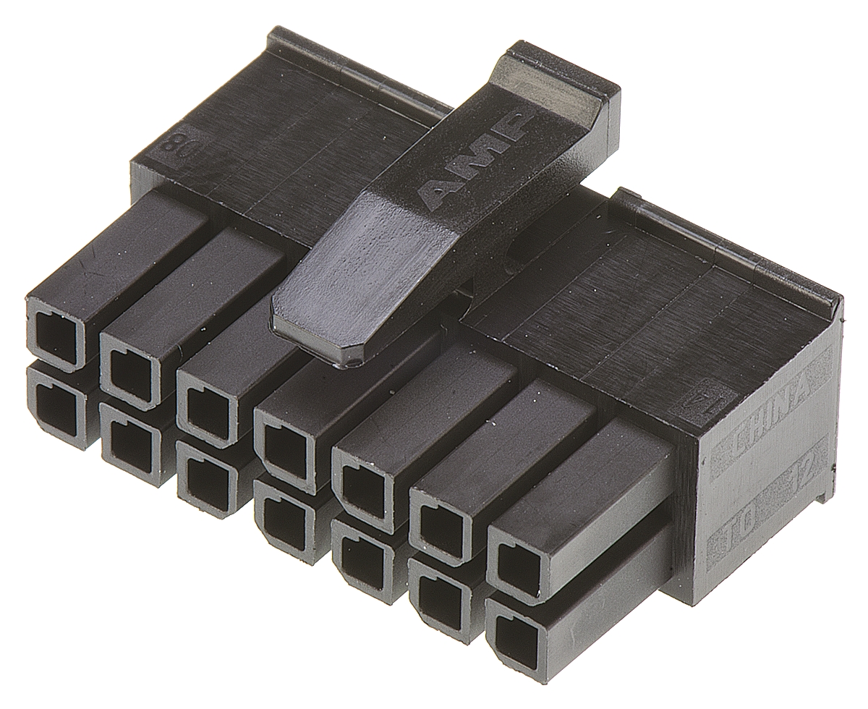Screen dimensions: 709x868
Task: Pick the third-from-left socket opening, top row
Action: click(x=205, y=407)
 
